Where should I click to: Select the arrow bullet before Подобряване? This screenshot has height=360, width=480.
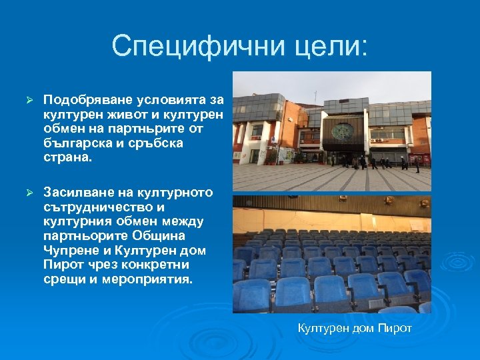click(x=28, y=100)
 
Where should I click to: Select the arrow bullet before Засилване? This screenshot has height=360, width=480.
click(x=28, y=193)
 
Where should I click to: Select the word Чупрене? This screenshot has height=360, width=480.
click(x=69, y=251)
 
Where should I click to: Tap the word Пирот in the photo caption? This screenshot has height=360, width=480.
click(x=395, y=328)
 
